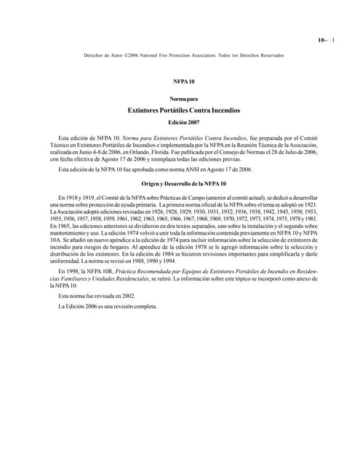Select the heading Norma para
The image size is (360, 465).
coord(179,98)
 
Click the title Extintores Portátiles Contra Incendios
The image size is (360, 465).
coord(179,110)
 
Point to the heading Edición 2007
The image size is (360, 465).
coord(179,123)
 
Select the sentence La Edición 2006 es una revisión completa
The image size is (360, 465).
coord(108,305)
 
